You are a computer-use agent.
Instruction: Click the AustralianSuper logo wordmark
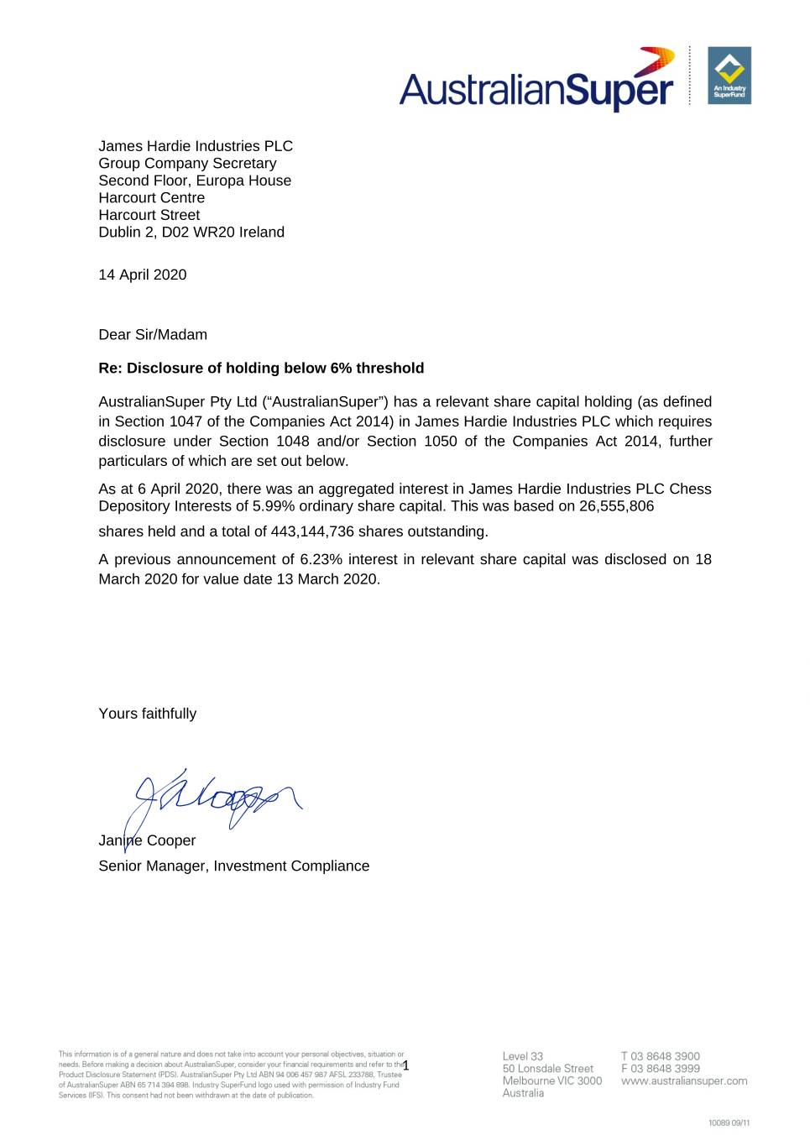click(536, 87)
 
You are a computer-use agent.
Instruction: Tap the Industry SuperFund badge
click(729, 76)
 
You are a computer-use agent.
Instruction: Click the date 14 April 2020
click(143, 275)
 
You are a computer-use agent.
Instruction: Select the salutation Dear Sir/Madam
click(153, 334)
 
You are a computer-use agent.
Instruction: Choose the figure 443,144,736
click(312, 531)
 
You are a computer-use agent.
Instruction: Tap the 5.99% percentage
click(271, 506)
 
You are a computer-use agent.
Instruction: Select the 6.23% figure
click(321, 559)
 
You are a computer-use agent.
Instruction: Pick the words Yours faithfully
click(148, 714)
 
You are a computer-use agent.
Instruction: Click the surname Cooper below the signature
click(171, 840)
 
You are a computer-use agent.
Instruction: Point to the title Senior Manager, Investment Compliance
click(234, 866)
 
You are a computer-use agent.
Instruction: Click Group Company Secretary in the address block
click(187, 164)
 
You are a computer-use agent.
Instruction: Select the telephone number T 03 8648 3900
click(661, 1056)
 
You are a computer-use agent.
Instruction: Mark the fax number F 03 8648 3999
click(661, 1069)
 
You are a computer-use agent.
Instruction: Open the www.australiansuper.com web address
click(684, 1081)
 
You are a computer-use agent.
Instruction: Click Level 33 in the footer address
click(523, 1056)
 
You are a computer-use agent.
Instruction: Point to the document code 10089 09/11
click(729, 1122)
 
